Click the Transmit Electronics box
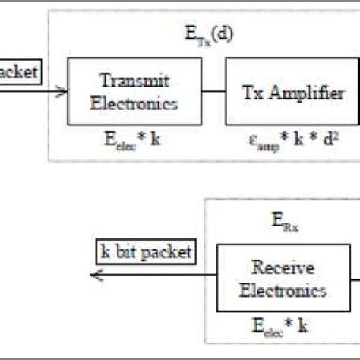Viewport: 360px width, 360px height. tap(135, 92)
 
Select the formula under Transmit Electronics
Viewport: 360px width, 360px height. tap(135, 140)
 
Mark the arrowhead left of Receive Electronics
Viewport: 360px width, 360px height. tap(96, 274)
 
